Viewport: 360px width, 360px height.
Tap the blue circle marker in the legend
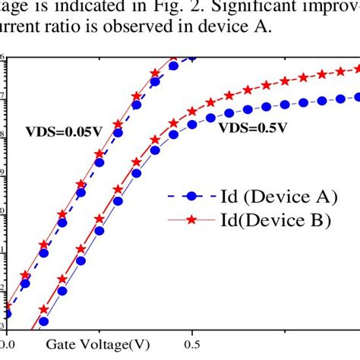tap(192, 197)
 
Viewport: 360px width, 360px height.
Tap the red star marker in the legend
tap(192, 220)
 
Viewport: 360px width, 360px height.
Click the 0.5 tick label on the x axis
tap(194, 344)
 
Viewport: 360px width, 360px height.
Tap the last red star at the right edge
tap(358, 69)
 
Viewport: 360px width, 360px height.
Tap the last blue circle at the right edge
tap(358, 97)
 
